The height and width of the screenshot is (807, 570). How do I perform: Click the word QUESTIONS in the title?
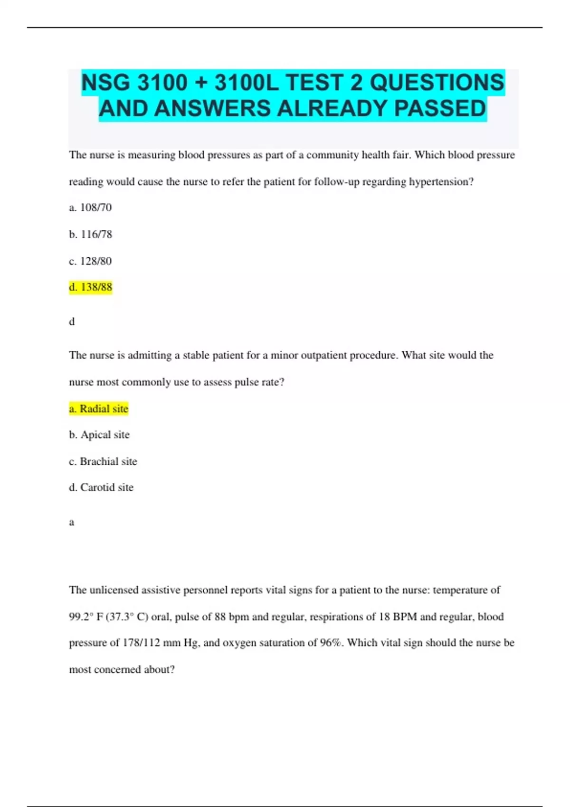pos(437,83)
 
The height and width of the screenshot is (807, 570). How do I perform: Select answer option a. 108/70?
pos(90,207)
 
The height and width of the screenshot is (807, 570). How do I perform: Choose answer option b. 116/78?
pos(90,234)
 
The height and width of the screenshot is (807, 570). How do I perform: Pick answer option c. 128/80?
pos(90,261)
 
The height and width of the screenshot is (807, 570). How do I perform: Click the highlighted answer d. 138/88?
pos(90,287)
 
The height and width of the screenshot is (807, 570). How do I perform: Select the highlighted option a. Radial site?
pos(99,409)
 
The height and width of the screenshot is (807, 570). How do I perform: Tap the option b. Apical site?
pos(99,435)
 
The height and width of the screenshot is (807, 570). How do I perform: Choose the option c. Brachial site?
pos(103,461)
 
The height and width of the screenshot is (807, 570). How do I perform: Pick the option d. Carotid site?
pos(101,488)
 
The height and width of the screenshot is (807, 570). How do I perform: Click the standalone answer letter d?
pos(72,322)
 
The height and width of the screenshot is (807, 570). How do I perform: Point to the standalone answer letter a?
pos(72,522)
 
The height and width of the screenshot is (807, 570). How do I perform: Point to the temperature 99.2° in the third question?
pos(81,617)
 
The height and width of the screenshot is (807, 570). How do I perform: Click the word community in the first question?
pos(332,155)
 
